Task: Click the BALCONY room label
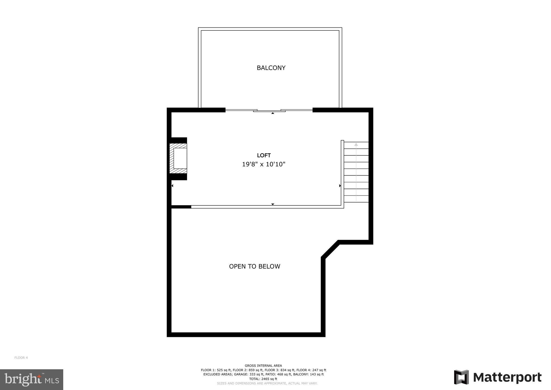pyautogui.click(x=271, y=68)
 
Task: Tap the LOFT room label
pyautogui.click(x=264, y=155)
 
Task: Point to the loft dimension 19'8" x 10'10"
pyautogui.click(x=264, y=164)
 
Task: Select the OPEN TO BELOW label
pyautogui.click(x=255, y=266)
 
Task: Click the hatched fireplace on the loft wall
pyautogui.click(x=178, y=158)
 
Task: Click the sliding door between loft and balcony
pyautogui.click(x=269, y=110)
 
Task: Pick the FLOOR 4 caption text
pyautogui.click(x=21, y=358)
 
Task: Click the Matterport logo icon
pyautogui.click(x=461, y=377)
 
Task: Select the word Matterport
pyautogui.click(x=507, y=378)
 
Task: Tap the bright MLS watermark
pyautogui.click(x=31, y=380)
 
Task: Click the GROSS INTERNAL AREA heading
pyautogui.click(x=263, y=365)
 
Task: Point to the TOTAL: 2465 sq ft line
pyautogui.click(x=263, y=379)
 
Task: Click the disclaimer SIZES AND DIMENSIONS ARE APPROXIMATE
pyautogui.click(x=267, y=383)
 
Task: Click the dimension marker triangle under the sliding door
pyautogui.click(x=273, y=113)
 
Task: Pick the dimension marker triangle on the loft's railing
pyautogui.click(x=273, y=204)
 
